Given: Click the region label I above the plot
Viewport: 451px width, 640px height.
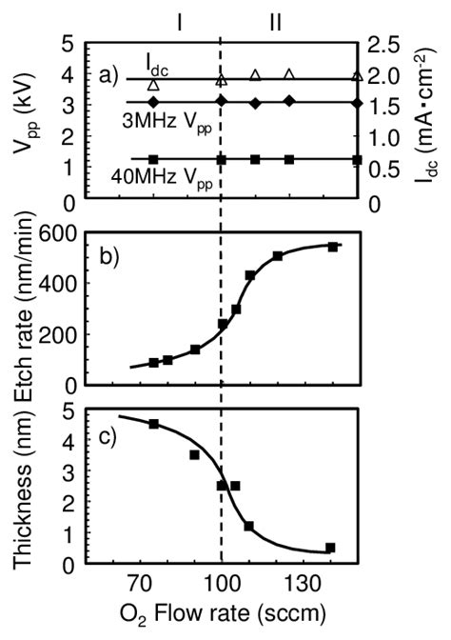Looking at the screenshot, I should point(177,20).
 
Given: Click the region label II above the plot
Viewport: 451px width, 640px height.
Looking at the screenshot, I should point(274,20).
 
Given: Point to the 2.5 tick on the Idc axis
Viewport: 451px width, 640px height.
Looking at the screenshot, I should point(385,45).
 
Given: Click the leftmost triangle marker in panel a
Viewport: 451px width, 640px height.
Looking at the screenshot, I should point(153,86).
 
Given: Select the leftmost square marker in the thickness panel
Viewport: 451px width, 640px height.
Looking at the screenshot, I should point(153,424).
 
